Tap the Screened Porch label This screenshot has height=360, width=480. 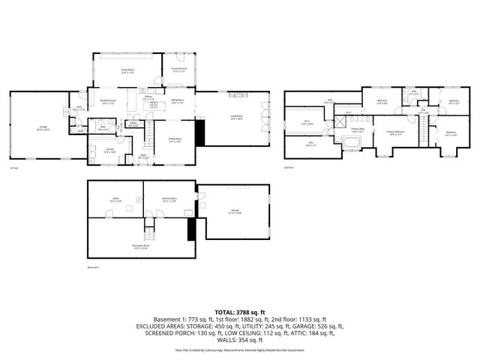[178, 70]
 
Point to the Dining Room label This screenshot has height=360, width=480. [174, 139]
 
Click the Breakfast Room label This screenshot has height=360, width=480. [109, 103]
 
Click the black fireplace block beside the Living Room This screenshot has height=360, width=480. [199, 133]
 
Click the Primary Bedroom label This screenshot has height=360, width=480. [394, 133]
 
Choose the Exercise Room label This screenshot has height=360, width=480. [169, 199]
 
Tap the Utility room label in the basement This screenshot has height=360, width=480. [115, 199]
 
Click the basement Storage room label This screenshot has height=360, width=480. [235, 212]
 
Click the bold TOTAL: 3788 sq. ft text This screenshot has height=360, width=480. [240, 311]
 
